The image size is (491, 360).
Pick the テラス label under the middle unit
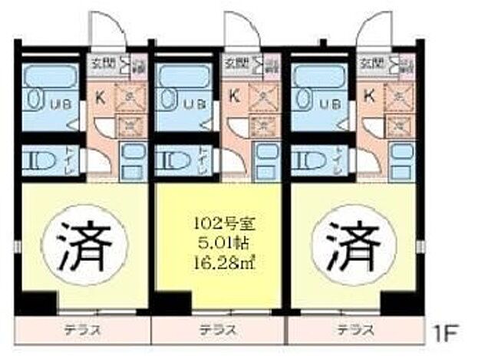(x=217, y=331)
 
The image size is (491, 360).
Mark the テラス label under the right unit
(x=354, y=331)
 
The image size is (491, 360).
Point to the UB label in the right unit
(x=330, y=104)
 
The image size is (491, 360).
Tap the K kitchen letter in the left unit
(x=100, y=96)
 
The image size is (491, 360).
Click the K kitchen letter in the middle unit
(x=234, y=96)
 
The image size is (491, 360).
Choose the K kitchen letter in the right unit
(x=369, y=96)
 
